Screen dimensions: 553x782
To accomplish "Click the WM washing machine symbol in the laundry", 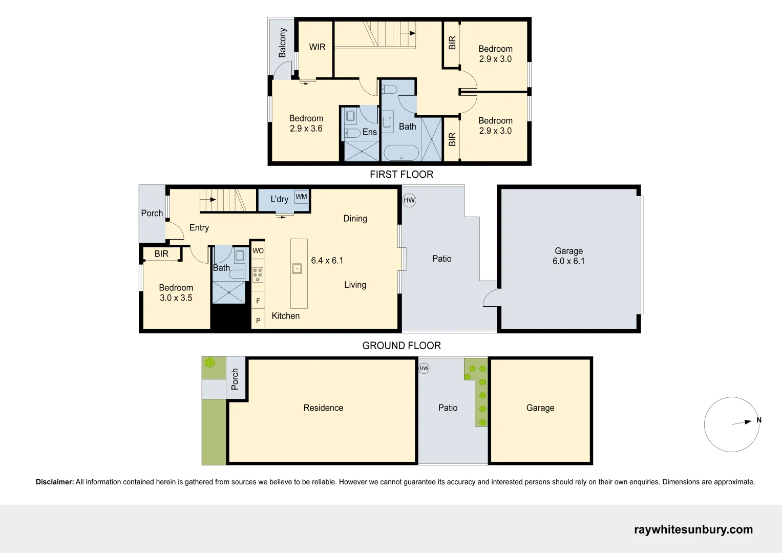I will pyautogui.click(x=301, y=197).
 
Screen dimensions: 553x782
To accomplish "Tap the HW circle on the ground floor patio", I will pyautogui.click(x=409, y=200).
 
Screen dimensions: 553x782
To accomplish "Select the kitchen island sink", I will pyautogui.click(x=297, y=268).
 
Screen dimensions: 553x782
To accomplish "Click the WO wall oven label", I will pyautogui.click(x=258, y=250).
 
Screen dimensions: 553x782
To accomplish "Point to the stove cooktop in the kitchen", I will pyautogui.click(x=258, y=274).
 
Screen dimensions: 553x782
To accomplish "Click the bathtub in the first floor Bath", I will pyautogui.click(x=401, y=153).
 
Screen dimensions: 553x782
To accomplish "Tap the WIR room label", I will pyautogui.click(x=317, y=47).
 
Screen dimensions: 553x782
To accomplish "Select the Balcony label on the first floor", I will pyautogui.click(x=282, y=43).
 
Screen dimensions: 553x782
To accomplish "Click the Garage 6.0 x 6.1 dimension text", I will pyautogui.click(x=568, y=261).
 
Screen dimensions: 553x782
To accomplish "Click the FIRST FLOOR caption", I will pyautogui.click(x=401, y=175).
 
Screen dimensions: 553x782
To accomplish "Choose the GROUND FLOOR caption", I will pyautogui.click(x=401, y=346).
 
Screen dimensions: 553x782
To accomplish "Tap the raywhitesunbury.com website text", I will pyautogui.click(x=693, y=530).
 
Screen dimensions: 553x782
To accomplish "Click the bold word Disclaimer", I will pyautogui.click(x=55, y=482).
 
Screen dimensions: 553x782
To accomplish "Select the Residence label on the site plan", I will pyautogui.click(x=323, y=408).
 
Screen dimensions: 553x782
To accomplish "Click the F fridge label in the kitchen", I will pyautogui.click(x=258, y=301).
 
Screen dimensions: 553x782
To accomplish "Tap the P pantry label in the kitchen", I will pyautogui.click(x=258, y=321).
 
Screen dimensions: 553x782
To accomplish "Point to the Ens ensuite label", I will pyautogui.click(x=369, y=132).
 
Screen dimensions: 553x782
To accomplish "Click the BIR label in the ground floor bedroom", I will pyautogui.click(x=161, y=254).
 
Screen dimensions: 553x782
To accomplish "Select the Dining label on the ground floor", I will pyautogui.click(x=355, y=219).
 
